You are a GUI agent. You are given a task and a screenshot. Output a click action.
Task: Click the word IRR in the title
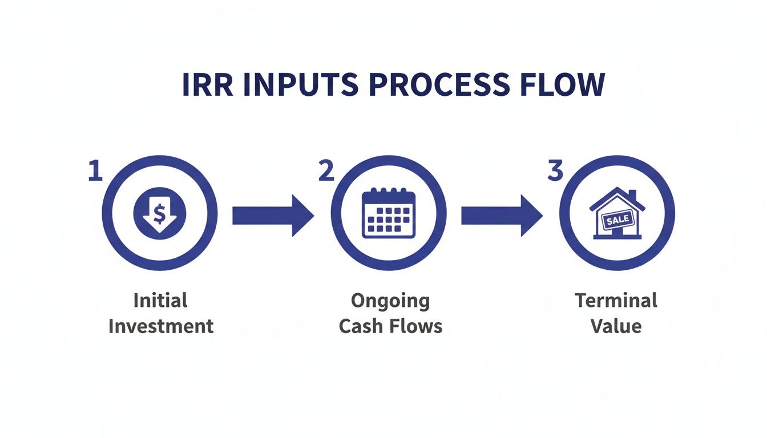207,84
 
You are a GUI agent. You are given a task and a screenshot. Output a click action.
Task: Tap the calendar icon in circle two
389,214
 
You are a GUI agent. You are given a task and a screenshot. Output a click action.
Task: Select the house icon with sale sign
617,213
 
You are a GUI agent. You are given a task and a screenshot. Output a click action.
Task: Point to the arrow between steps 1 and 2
273,215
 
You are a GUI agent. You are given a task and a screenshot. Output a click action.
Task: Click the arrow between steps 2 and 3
502,215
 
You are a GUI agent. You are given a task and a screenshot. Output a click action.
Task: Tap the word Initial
160,301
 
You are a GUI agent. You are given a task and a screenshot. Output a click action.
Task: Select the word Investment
161,326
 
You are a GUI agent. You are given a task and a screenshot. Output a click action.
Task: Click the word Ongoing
390,301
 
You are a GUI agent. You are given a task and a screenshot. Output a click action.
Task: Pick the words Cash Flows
390,326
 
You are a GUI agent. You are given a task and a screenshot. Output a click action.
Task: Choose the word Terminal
616,301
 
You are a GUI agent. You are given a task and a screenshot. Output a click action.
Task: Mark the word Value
616,326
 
